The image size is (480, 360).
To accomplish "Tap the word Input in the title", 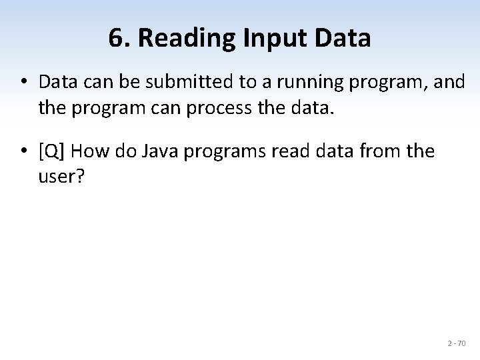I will tap(271, 39).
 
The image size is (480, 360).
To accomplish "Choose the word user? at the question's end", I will tap(59, 177).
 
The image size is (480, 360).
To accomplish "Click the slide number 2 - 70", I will tap(457, 343).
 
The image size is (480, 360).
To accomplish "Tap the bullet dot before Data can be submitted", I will tap(23, 82).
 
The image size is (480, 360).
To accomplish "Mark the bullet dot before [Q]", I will tap(23, 152).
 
